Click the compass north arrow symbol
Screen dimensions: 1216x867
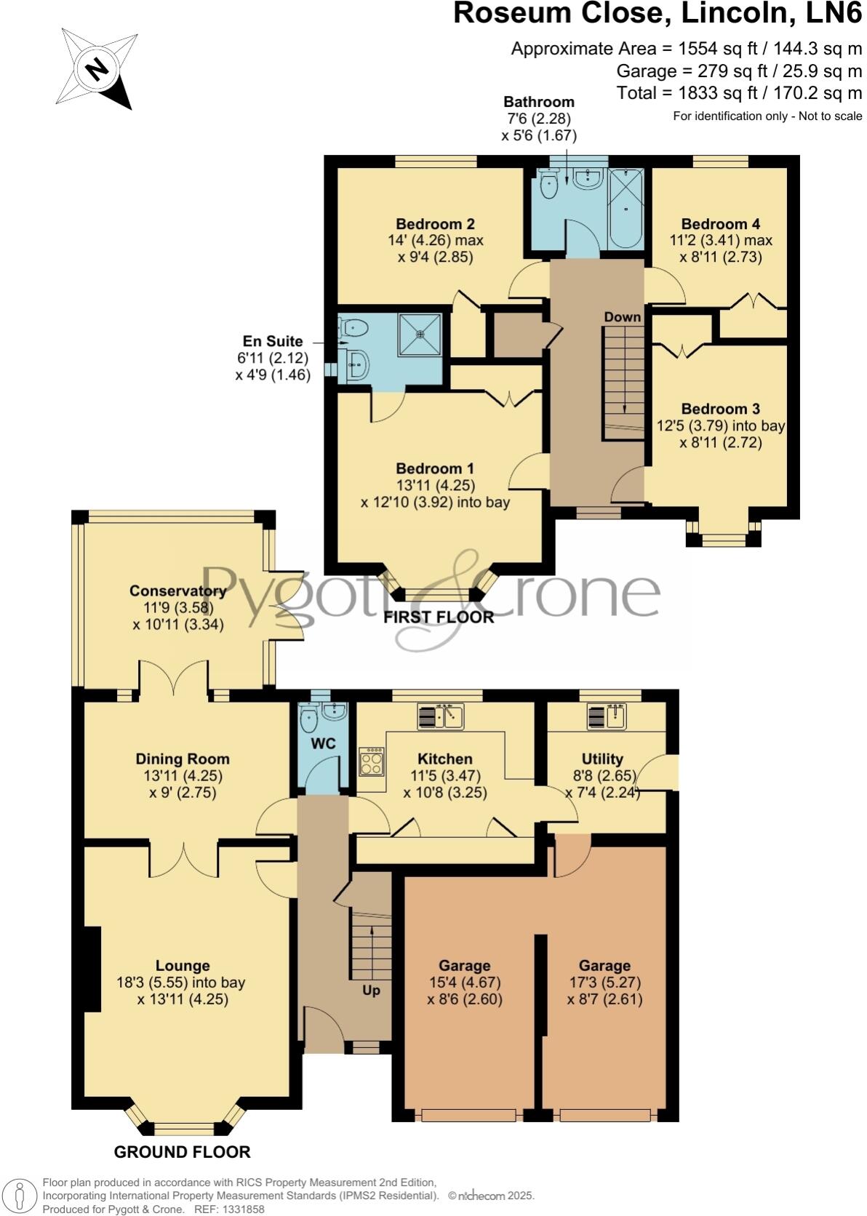pos(97,69)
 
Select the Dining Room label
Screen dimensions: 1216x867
pos(183,759)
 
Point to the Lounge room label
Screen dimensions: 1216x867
pos(183,966)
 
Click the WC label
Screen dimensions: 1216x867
pos(323,743)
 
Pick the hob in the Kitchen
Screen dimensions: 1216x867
pos(372,762)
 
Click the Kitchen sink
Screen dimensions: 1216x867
pos(441,716)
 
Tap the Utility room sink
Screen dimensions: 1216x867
pos(606,717)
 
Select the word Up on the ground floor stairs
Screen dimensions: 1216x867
pos(371,990)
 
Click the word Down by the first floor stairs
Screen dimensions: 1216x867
pos(623,316)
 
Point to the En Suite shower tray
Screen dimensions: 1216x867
pos(420,335)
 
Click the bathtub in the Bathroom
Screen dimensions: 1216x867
pos(625,208)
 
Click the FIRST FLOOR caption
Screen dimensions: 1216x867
pos(439,617)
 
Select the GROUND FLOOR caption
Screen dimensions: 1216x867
pos(182,1151)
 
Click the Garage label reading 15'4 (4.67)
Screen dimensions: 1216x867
pos(464,966)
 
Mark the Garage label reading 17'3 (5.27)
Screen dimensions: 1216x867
pos(604,966)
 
